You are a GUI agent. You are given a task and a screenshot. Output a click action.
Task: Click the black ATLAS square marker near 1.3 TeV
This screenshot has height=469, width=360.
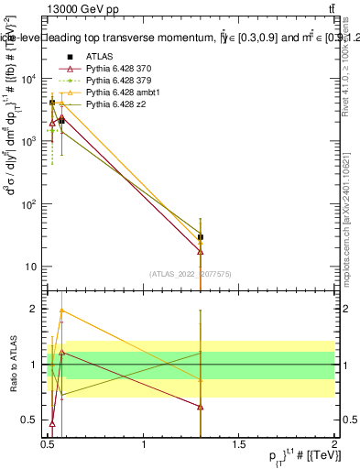pos(201,237)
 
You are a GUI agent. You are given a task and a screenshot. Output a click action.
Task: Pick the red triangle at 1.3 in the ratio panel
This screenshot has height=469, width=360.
pos(201,407)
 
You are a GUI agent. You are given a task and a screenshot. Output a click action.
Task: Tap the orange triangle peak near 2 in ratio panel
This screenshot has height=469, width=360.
pos(61,311)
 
